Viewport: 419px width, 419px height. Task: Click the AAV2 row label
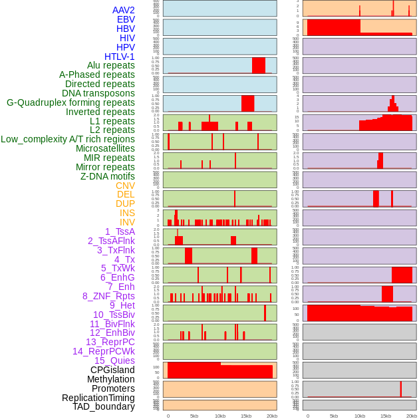[x=124, y=10]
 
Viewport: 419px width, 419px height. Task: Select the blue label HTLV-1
[x=120, y=57]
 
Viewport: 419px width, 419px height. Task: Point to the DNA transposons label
[x=98, y=93]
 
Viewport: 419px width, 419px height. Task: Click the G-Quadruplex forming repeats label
[x=70, y=102]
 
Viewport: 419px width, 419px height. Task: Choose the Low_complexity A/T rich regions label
[x=68, y=139]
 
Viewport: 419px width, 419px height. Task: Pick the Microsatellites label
[x=105, y=148]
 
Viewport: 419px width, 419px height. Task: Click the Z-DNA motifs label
[x=108, y=176]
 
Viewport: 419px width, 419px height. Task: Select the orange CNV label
[x=125, y=186]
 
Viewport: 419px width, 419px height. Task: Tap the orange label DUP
[x=125, y=204]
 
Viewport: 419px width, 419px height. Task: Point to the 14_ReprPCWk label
[x=104, y=351]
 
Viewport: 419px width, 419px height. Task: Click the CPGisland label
[x=112, y=370]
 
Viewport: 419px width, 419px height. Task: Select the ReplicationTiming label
[x=98, y=398]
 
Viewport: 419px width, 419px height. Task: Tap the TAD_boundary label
[x=104, y=406]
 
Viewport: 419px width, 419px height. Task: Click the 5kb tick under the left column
[x=194, y=416]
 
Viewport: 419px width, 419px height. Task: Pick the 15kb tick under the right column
[x=386, y=416]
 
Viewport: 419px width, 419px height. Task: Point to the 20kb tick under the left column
[x=272, y=416]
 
